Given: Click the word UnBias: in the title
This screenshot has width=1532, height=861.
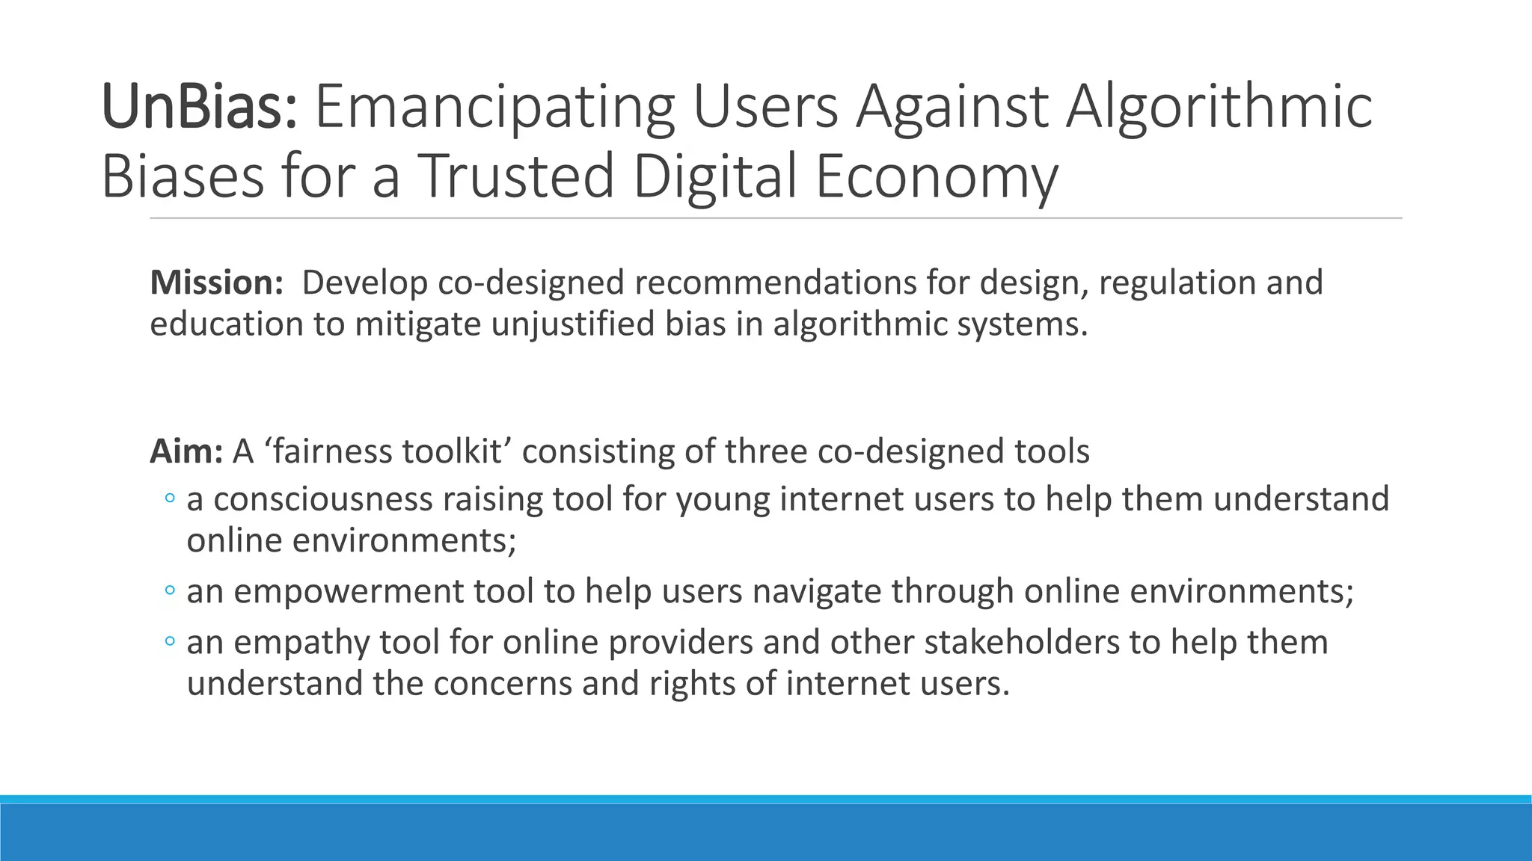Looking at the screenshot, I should (200, 108).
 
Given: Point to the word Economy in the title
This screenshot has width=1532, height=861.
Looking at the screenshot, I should (936, 176).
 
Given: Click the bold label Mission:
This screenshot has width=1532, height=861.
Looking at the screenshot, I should (216, 283).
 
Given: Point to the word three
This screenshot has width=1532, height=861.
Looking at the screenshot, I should (765, 451).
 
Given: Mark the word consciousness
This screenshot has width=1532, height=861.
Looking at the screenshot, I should (323, 499).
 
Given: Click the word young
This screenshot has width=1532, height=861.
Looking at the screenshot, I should (723, 499).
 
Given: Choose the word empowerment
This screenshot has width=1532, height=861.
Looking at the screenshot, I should (349, 591).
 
